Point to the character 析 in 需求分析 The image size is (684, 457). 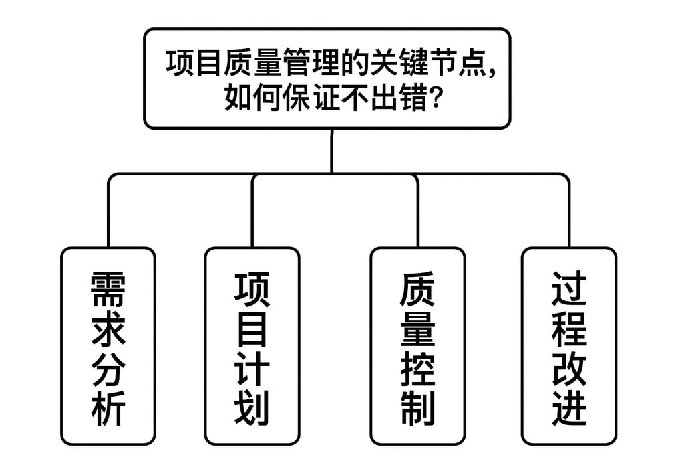(108, 407)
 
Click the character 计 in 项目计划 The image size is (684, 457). (252, 367)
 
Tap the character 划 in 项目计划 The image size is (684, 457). (252, 407)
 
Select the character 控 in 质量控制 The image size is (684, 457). (417, 367)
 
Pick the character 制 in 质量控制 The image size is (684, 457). (417, 407)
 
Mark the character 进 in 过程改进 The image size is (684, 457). (568, 407)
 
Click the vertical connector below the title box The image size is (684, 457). (331, 151)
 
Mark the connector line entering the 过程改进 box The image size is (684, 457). (568, 214)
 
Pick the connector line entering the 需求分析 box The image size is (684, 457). (108, 214)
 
